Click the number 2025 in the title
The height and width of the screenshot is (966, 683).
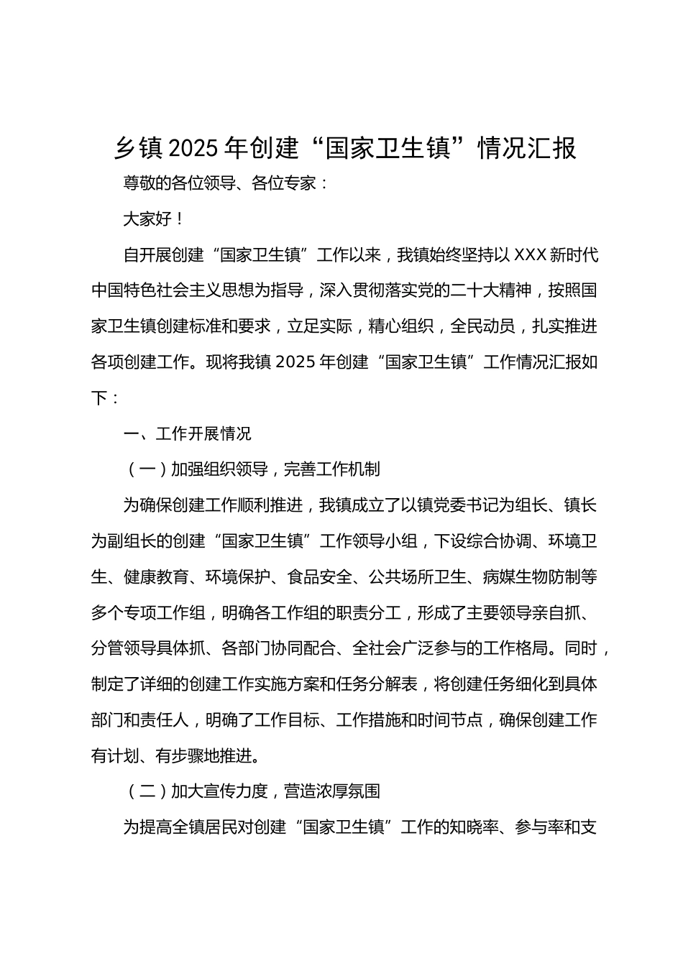[192, 149]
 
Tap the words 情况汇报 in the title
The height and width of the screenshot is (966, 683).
[532, 149]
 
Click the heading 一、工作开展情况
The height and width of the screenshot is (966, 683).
[188, 434]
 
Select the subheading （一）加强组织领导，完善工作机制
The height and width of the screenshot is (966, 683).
[252, 469]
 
